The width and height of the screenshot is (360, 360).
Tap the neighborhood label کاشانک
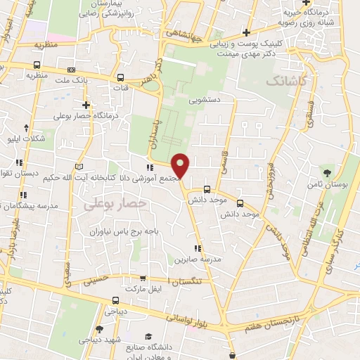[288, 82]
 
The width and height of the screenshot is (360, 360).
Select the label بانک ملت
[92, 80]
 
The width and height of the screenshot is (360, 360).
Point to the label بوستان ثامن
[326, 184]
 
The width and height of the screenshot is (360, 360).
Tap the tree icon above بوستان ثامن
[326, 172]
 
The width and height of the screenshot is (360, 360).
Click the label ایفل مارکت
[143, 289]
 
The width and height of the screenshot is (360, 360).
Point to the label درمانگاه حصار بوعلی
[84, 115]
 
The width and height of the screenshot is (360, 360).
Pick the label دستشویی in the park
[204, 101]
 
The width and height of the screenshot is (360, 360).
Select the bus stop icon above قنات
[121, 78]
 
